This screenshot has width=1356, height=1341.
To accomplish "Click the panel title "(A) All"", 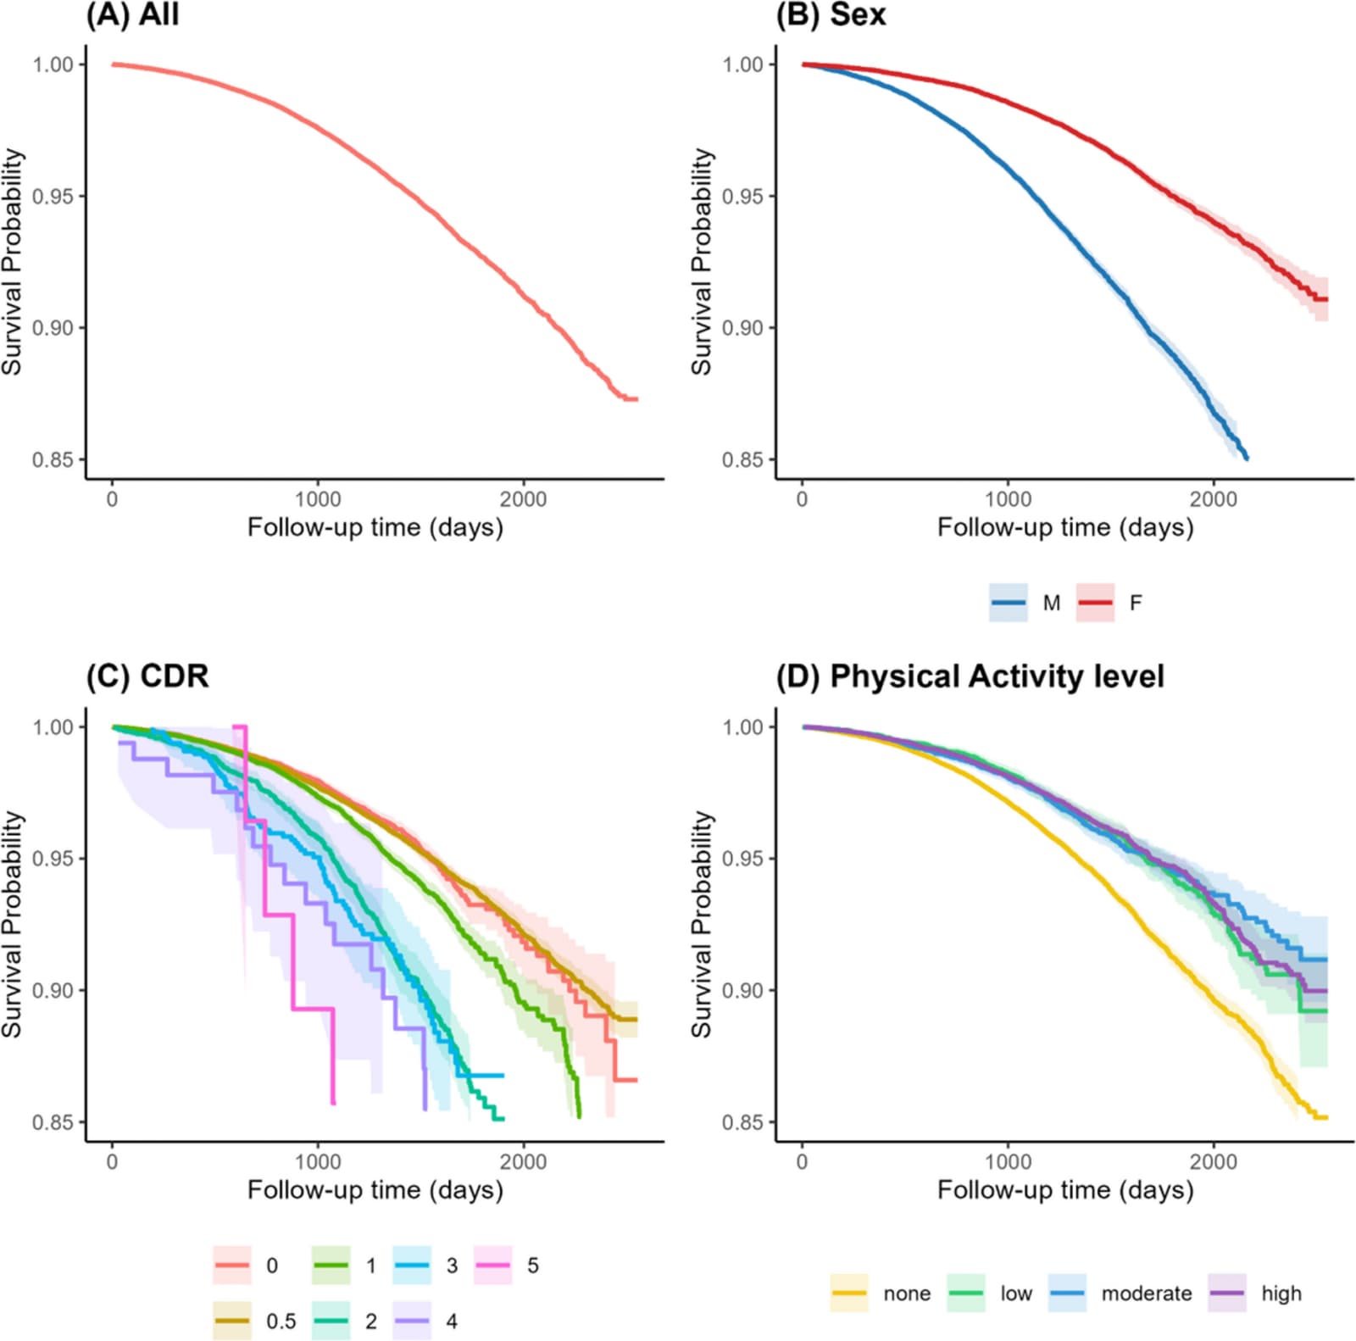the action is pyautogui.click(x=132, y=14).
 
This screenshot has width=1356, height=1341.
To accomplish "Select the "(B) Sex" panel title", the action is pyautogui.click(x=831, y=14).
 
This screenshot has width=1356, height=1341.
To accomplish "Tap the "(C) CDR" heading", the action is pyautogui.click(x=147, y=676).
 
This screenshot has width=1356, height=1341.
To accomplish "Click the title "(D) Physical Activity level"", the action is pyautogui.click(x=970, y=676).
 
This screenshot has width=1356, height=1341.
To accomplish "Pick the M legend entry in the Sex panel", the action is pyautogui.click(x=1025, y=603).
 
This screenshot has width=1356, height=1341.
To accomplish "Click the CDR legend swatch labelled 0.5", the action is pyautogui.click(x=231, y=1321).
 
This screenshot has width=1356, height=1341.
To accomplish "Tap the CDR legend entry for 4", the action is pyautogui.click(x=425, y=1321).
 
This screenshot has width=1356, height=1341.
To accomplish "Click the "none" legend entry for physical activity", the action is pyautogui.click(x=880, y=1294).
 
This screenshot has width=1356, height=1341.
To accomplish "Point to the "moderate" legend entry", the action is pyautogui.click(x=1120, y=1294).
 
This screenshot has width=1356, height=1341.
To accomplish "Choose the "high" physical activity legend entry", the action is pyautogui.click(x=1255, y=1294).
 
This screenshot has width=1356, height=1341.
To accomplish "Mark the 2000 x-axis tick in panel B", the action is pyautogui.click(x=1213, y=499).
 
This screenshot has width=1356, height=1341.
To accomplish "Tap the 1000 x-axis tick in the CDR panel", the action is pyautogui.click(x=318, y=1161).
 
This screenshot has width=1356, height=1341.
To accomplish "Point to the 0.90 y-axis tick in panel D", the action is pyautogui.click(x=742, y=990).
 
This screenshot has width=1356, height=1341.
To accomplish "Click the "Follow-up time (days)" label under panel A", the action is pyautogui.click(x=375, y=528).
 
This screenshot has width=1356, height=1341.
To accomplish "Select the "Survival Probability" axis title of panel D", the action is pyautogui.click(x=701, y=923).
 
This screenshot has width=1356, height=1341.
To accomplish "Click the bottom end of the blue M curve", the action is pyautogui.click(x=1247, y=459).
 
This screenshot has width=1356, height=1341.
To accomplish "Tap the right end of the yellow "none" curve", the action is pyautogui.click(x=1327, y=1117).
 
